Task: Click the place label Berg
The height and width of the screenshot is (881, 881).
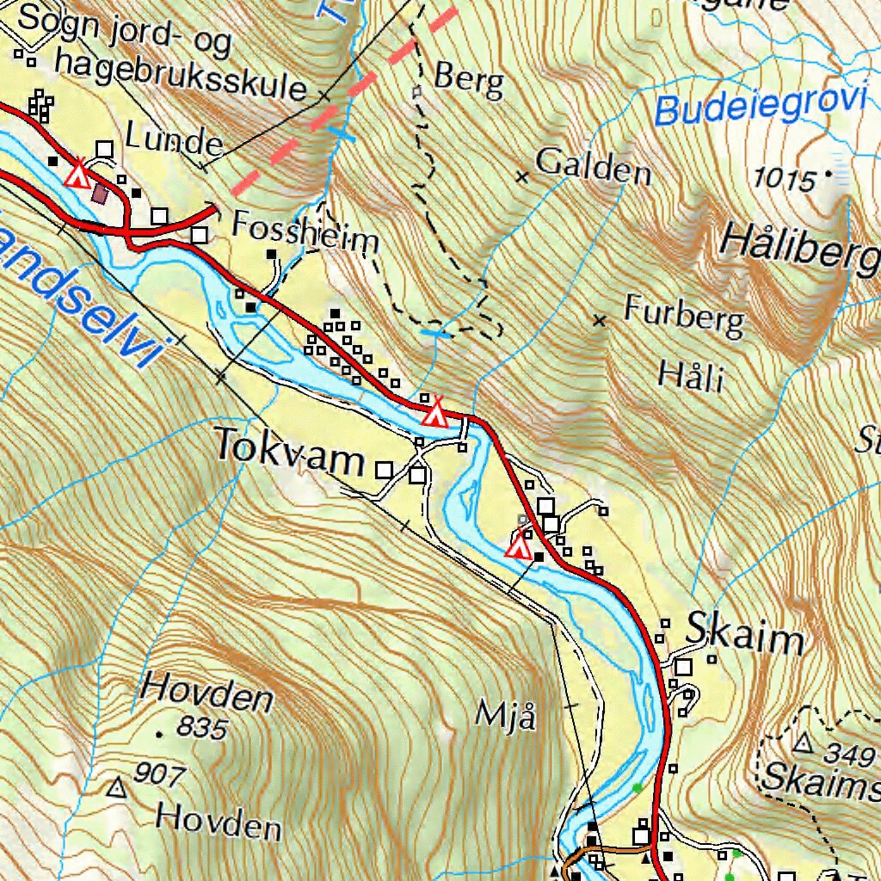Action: point(468,79)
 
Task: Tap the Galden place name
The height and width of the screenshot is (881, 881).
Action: point(593,167)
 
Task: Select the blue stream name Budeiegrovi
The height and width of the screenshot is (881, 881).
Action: point(760,107)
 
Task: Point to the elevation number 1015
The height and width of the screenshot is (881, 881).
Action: point(783,180)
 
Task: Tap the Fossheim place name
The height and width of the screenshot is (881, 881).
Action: point(305,233)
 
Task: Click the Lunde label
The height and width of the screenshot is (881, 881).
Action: point(174,138)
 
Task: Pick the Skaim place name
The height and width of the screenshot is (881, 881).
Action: point(745,638)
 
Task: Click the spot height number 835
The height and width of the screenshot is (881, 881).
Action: point(203,729)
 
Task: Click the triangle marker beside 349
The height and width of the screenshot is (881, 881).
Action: point(804,742)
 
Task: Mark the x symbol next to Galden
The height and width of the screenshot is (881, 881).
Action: point(521,177)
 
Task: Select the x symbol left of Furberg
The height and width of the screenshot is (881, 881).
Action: point(600,321)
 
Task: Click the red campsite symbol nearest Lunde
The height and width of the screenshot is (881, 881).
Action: point(78,174)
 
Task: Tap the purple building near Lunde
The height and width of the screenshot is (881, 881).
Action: point(100,194)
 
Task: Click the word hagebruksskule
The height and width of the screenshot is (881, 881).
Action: point(181,75)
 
